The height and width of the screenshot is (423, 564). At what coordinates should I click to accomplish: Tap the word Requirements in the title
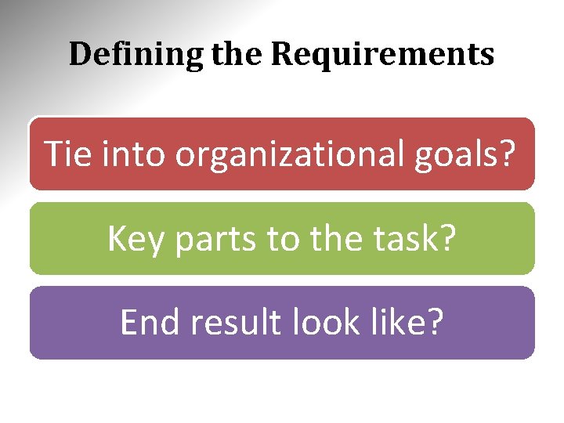tap(382, 55)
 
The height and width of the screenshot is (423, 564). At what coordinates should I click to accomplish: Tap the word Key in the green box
tap(136, 238)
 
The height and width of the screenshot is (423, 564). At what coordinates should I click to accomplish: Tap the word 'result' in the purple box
tap(226, 322)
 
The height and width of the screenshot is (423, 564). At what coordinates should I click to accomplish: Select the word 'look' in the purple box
tap(321, 322)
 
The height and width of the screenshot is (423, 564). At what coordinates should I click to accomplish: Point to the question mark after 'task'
tap(447, 238)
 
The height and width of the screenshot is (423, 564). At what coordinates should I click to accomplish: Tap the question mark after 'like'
tap(435, 322)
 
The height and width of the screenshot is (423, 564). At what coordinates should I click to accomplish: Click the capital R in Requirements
tap(282, 55)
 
